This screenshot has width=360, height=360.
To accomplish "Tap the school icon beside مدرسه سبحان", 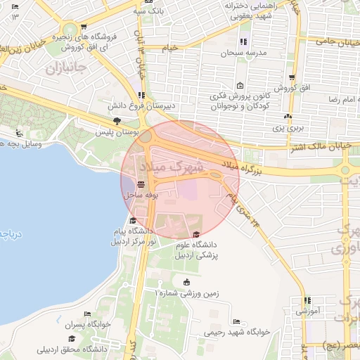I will click(x=243, y=42).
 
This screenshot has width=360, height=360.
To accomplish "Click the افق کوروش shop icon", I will click(x=291, y=78).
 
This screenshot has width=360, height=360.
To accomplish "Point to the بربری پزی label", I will click(x=288, y=129).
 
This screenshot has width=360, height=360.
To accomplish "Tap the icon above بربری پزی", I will click(x=287, y=117).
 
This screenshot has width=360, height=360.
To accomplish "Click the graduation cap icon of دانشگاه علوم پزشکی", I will click(x=196, y=235).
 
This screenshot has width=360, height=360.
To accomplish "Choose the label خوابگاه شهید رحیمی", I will click(x=238, y=330).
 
